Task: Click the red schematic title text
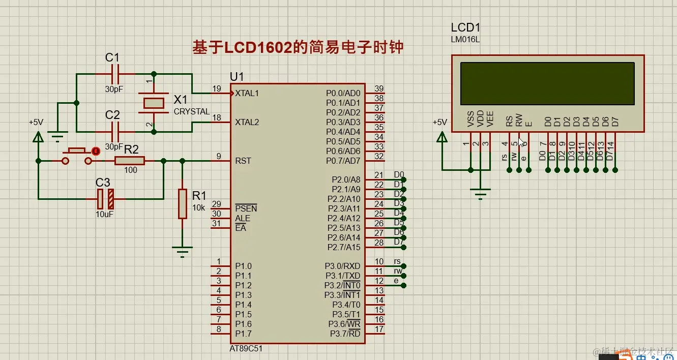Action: click(298, 47)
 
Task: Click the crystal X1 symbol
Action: click(154, 103)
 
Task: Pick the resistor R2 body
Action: click(130, 161)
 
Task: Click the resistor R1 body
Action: click(183, 203)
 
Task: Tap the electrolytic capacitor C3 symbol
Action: click(106, 199)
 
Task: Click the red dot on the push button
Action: click(95, 151)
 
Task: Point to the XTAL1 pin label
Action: click(247, 94)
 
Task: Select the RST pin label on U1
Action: click(243, 161)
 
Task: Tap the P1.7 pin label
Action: click(243, 334)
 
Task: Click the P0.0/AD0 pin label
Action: click(343, 94)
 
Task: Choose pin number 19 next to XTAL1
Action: click(217, 89)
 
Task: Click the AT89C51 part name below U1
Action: click(246, 349)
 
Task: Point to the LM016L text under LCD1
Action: click(465, 39)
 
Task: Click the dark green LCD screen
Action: click(547, 83)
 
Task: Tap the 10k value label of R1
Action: click(198, 207)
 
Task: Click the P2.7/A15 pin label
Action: click(343, 247)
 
